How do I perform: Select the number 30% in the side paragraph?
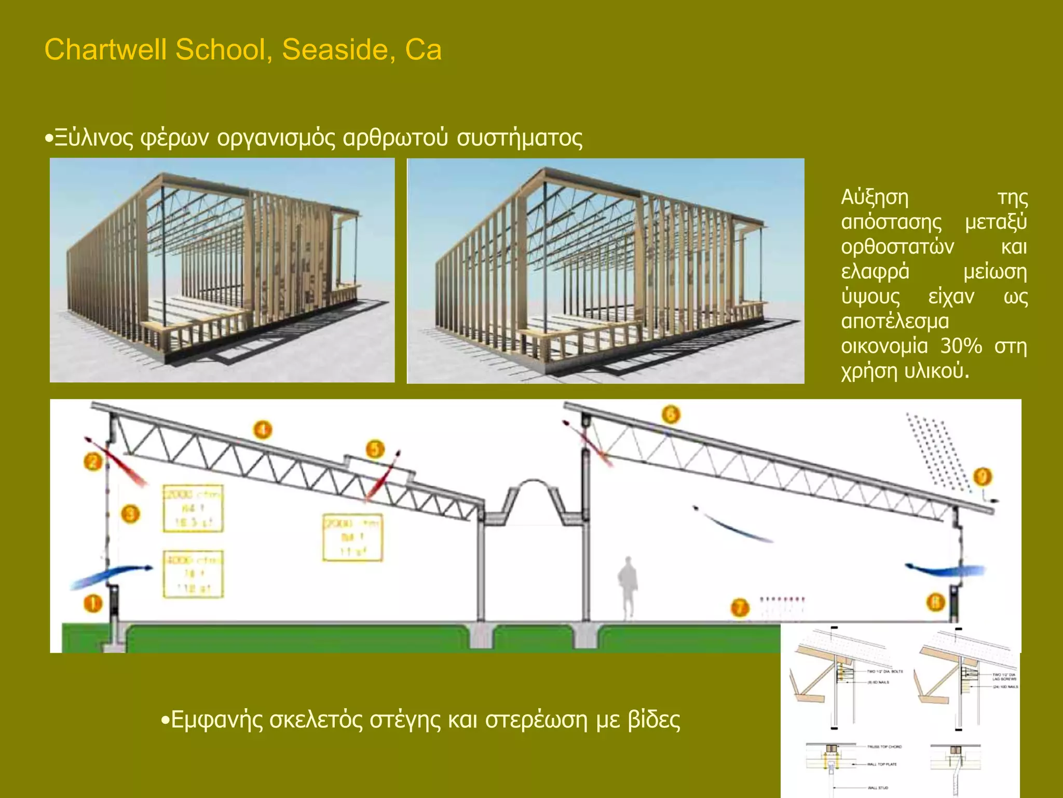[961, 346]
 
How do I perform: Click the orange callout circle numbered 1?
[93, 604]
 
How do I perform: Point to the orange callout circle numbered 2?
[93, 461]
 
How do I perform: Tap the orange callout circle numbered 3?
[130, 514]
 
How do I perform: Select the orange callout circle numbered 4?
[263, 430]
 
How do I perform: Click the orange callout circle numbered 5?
[375, 449]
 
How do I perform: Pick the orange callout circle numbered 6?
[671, 415]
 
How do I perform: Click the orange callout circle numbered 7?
[740, 607]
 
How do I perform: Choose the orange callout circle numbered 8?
[935, 603]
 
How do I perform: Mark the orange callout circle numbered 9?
[983, 476]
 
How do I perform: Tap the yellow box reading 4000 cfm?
[193, 574]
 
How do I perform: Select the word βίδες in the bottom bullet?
[653, 720]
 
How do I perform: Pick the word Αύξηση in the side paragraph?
[875, 197]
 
